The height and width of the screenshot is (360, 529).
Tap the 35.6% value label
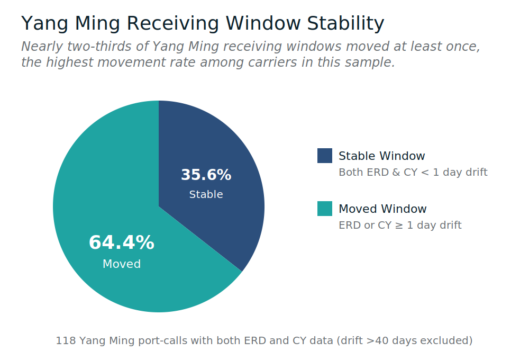(206, 175)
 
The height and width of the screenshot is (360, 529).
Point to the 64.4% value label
(122, 243)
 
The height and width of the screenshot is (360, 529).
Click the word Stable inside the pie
(206, 194)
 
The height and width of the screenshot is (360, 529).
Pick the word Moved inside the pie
(122, 264)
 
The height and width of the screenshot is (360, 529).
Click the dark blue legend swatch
(325, 156)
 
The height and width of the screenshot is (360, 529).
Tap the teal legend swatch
(325, 209)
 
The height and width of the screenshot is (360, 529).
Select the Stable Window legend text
(381, 156)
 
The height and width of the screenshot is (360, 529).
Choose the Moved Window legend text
(382, 209)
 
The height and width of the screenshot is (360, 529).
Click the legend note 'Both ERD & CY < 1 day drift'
(413, 173)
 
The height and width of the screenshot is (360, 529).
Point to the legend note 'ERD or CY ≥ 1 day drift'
(400, 226)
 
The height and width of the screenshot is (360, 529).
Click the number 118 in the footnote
(66, 340)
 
